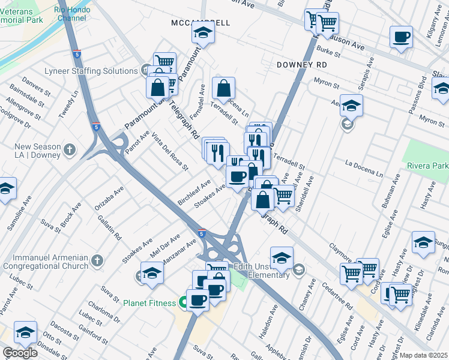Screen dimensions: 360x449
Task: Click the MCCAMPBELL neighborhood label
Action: [200, 23]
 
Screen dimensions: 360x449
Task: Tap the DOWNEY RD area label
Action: [302, 64]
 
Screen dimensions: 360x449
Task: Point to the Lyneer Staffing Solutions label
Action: [91, 71]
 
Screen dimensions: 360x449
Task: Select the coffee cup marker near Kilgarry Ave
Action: [401, 37]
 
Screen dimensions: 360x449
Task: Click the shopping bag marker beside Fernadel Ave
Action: [223, 89]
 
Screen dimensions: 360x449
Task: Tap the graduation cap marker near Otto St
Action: [25, 332]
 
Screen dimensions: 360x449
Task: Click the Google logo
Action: [20, 353]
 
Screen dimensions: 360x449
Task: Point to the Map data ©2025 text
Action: [423, 355]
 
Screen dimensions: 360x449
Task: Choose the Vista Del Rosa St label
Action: [169, 150]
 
